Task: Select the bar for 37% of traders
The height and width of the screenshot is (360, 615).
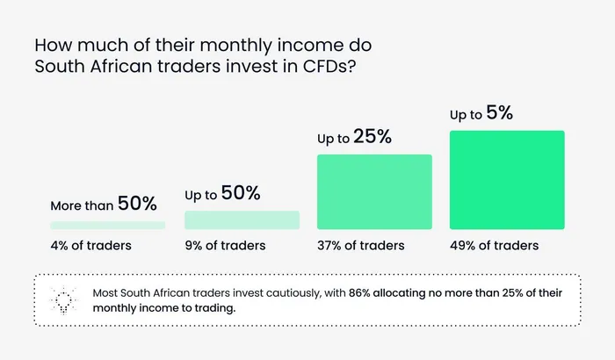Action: [374, 191]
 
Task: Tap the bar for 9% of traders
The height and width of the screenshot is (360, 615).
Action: [242, 220]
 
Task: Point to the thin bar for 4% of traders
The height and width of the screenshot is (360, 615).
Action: [107, 226]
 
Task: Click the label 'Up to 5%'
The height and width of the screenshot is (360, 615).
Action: [481, 114]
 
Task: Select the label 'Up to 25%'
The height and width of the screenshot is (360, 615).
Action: [353, 139]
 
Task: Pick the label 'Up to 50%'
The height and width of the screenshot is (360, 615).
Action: [222, 194]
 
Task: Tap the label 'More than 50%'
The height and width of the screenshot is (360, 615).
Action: [103, 205]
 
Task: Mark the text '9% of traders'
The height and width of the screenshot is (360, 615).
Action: [225, 245]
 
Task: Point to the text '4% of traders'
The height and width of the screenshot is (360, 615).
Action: [90, 245]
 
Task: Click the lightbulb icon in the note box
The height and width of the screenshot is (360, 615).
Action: [63, 299]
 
